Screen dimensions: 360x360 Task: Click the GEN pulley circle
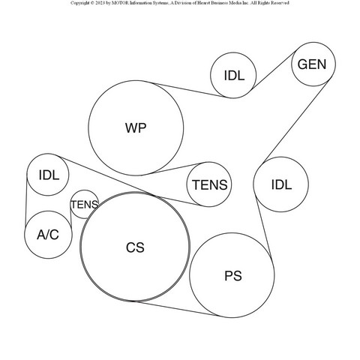pos(313,64)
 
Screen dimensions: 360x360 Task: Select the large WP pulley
pos(136,128)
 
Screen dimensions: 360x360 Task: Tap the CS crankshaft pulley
pos(135,247)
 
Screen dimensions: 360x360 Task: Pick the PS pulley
pos(232,275)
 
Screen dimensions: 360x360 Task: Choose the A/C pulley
pos(48,235)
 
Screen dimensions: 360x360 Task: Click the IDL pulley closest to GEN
pos(233,75)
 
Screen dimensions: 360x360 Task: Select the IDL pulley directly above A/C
pos(47,175)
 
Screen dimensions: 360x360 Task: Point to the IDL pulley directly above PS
pos(281,184)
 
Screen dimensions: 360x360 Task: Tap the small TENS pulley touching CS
pos(85,204)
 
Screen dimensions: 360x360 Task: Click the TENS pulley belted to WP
pos(209,184)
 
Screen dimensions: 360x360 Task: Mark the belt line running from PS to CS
pos(175,308)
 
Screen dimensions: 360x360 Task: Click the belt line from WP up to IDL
pos(188,89)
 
